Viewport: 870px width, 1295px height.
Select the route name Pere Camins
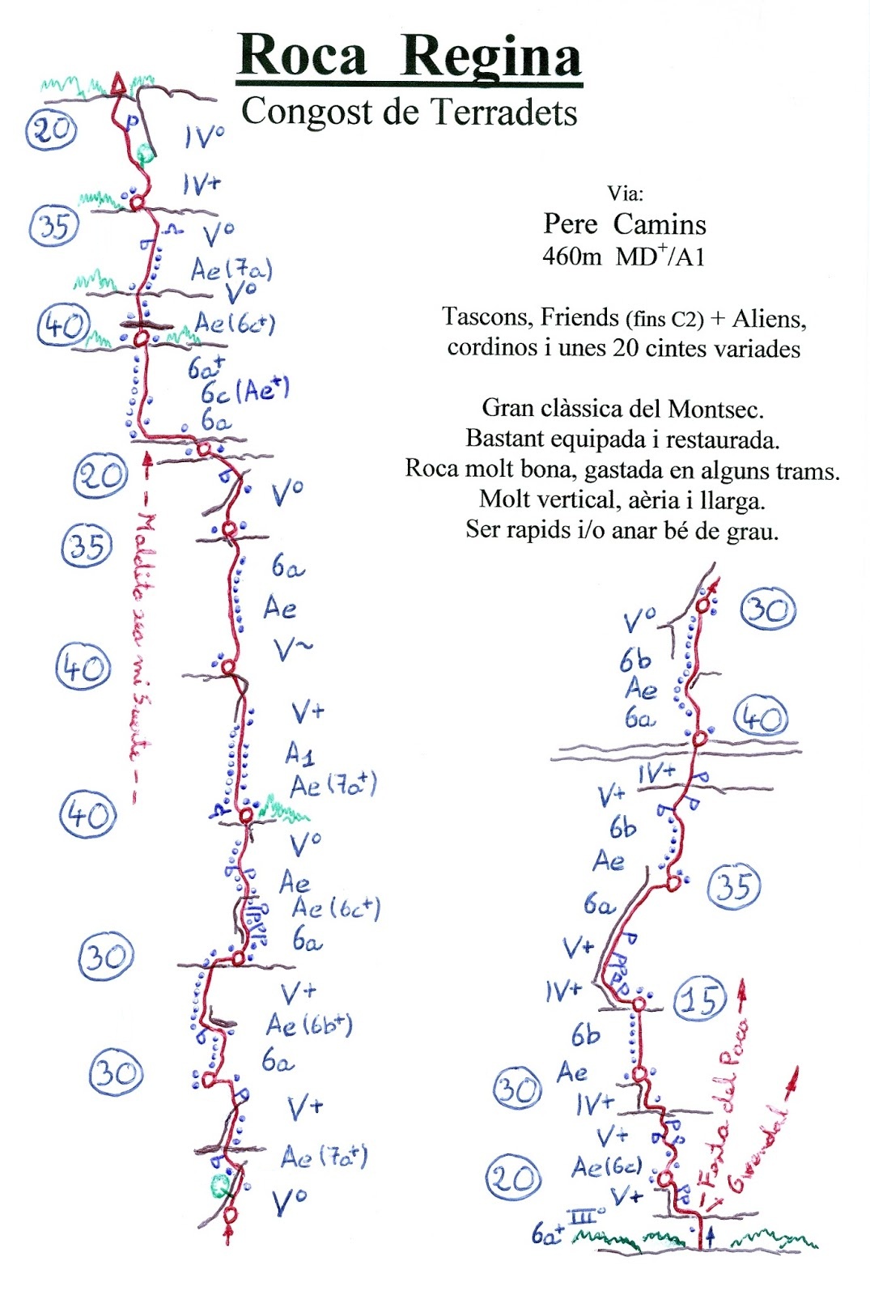[624, 223]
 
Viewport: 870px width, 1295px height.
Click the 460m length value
[571, 257]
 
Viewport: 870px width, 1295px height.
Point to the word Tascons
[486, 316]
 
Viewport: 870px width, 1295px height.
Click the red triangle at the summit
[119, 83]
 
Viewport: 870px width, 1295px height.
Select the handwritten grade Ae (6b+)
[309, 1025]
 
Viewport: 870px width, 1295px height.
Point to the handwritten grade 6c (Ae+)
[244, 391]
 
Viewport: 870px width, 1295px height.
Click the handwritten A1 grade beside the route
[299, 754]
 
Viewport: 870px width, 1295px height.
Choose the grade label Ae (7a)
[231, 269]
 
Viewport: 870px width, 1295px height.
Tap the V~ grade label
[292, 648]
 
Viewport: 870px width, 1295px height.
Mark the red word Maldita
[146, 549]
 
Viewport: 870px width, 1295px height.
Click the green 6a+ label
[548, 1234]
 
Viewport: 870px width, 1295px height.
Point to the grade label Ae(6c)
[607, 1166]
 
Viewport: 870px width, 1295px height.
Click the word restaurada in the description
[722, 439]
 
